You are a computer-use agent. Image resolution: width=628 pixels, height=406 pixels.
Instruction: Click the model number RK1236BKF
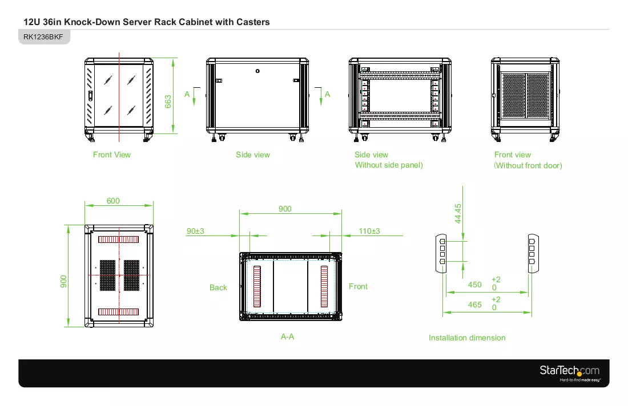[43, 37]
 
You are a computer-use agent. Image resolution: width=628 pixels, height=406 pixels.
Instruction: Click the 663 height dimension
[168, 101]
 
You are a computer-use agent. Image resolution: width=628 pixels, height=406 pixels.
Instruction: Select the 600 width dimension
[113, 201]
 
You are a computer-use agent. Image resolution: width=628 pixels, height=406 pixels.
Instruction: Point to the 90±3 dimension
[195, 231]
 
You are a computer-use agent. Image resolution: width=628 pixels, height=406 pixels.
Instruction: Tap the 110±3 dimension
[369, 231]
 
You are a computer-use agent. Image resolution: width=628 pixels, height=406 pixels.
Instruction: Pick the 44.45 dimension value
[458, 214]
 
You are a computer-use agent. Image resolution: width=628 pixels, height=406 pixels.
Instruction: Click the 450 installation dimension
[474, 285]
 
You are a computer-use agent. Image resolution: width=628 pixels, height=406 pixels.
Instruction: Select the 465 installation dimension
[474, 304]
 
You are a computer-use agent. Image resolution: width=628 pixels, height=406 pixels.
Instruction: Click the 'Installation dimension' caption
[467, 338]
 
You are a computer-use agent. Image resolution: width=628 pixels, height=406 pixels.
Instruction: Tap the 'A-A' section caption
[287, 337]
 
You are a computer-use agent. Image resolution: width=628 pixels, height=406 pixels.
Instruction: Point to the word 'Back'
[218, 287]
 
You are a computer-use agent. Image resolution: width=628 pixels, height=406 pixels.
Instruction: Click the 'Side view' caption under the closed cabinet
[253, 155]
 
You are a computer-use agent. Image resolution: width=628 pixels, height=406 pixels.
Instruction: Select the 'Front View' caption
[112, 155]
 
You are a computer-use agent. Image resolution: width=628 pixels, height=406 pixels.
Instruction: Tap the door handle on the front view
[91, 96]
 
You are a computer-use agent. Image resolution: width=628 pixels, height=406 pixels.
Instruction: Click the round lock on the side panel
[257, 71]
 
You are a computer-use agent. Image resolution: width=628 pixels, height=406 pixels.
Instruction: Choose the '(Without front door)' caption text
[528, 165]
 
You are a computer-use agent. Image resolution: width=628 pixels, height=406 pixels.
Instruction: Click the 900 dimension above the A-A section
[285, 209]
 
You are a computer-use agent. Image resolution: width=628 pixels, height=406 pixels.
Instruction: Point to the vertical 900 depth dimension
[64, 281]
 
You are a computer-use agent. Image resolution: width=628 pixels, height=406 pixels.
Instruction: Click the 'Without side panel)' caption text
[389, 165]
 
